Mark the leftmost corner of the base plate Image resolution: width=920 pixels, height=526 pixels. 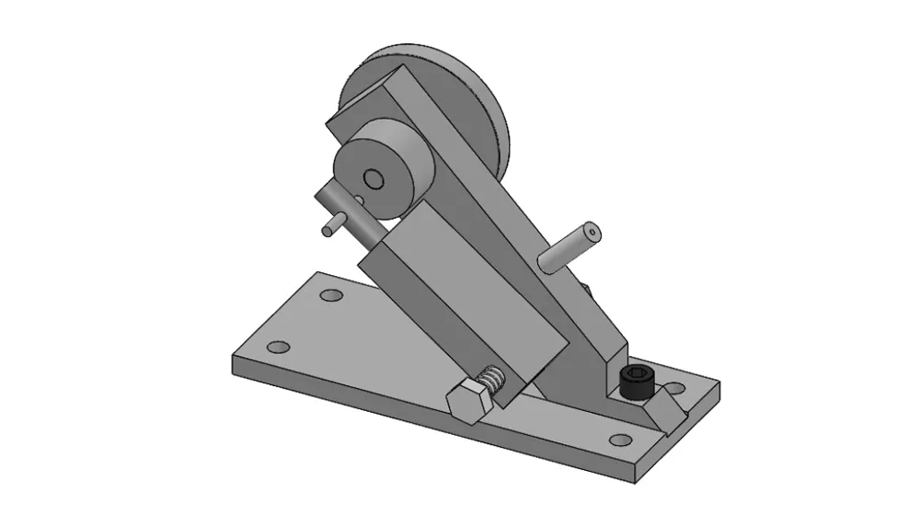click(x=233, y=361)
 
